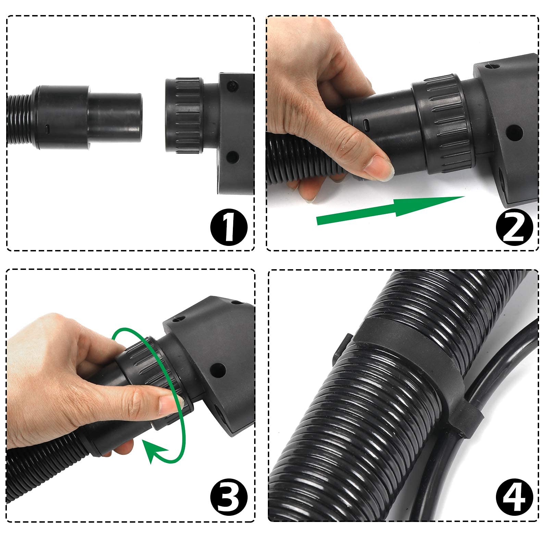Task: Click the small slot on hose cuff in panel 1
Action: tap(48, 129)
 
